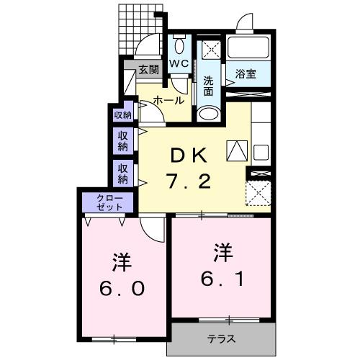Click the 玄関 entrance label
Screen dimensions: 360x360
[x=148, y=70]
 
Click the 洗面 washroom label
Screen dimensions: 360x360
[x=209, y=85]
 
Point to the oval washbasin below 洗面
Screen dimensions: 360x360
[x=209, y=114]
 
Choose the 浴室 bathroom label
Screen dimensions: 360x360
[x=246, y=73]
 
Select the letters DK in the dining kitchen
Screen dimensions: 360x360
[x=189, y=154]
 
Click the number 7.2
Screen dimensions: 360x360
[x=189, y=181]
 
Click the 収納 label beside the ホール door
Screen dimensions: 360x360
[x=122, y=114]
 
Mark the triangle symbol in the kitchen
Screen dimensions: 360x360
[x=237, y=150]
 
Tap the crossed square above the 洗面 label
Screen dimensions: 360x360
[x=210, y=50]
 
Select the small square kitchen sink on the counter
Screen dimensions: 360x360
[x=261, y=153]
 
